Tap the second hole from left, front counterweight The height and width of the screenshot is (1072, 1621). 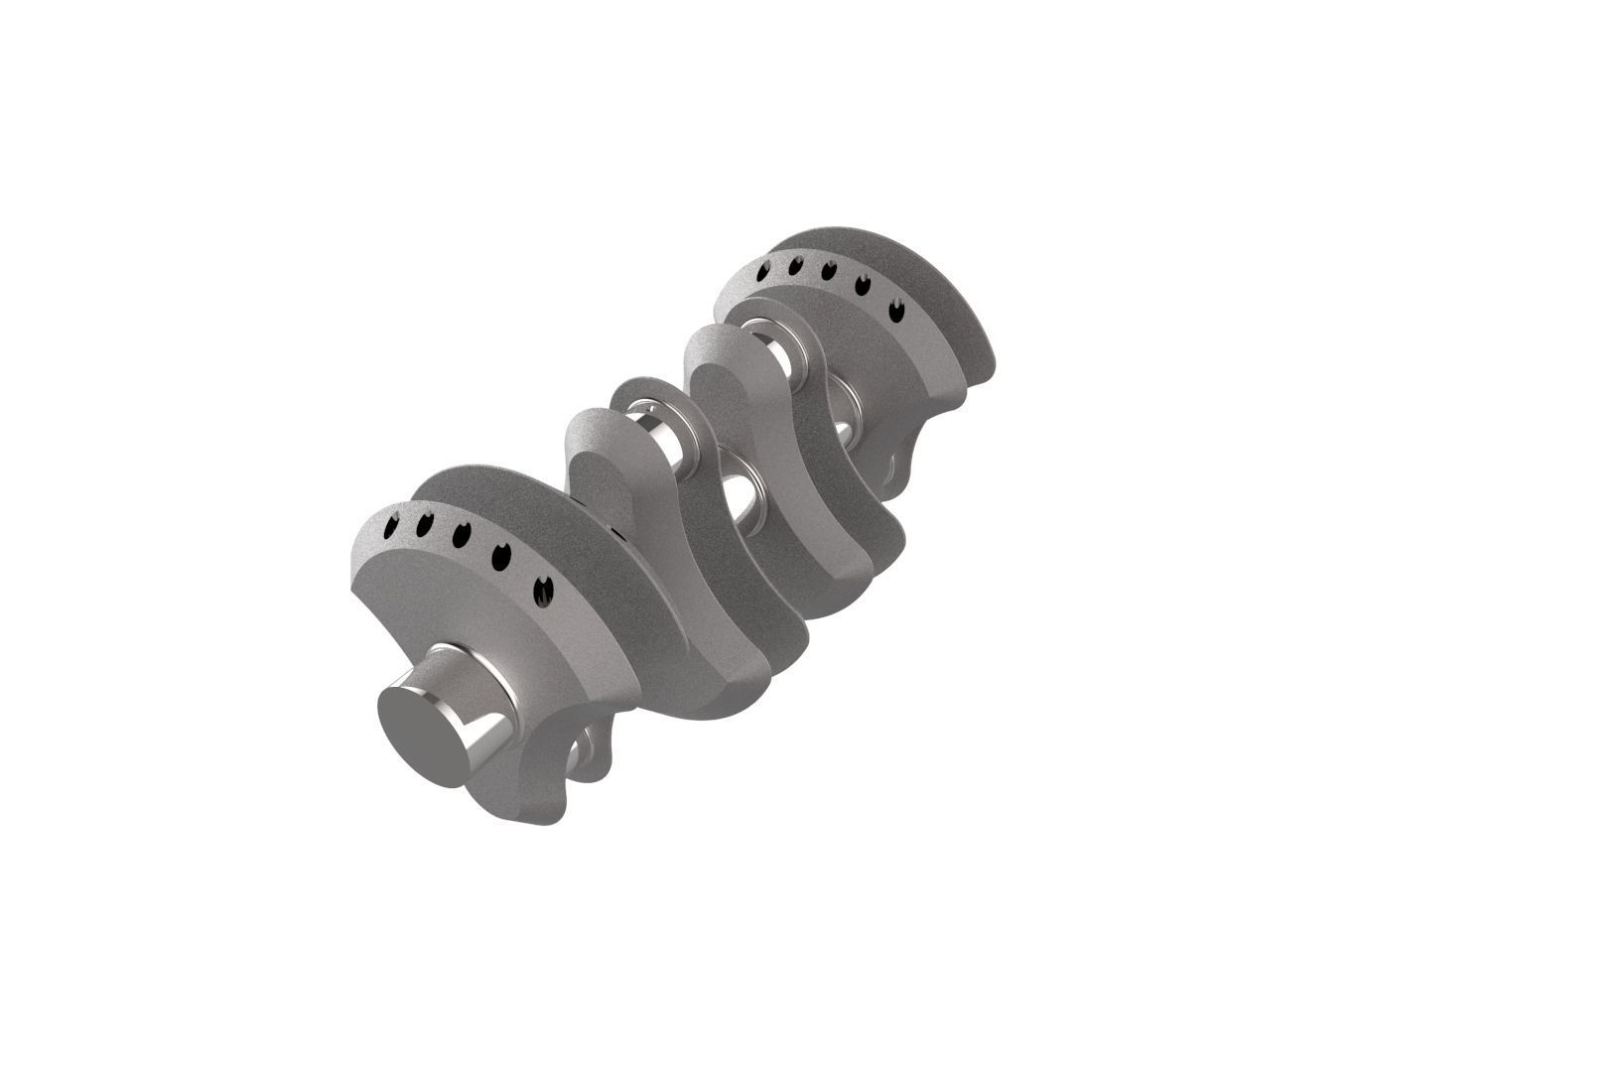pos(424,524)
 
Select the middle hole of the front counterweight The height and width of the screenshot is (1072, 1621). pos(461,535)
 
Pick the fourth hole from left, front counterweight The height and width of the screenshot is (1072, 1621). pos(501,557)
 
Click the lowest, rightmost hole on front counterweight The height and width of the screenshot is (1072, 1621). pos(543,592)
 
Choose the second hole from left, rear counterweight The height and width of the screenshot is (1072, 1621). pos(795,265)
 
